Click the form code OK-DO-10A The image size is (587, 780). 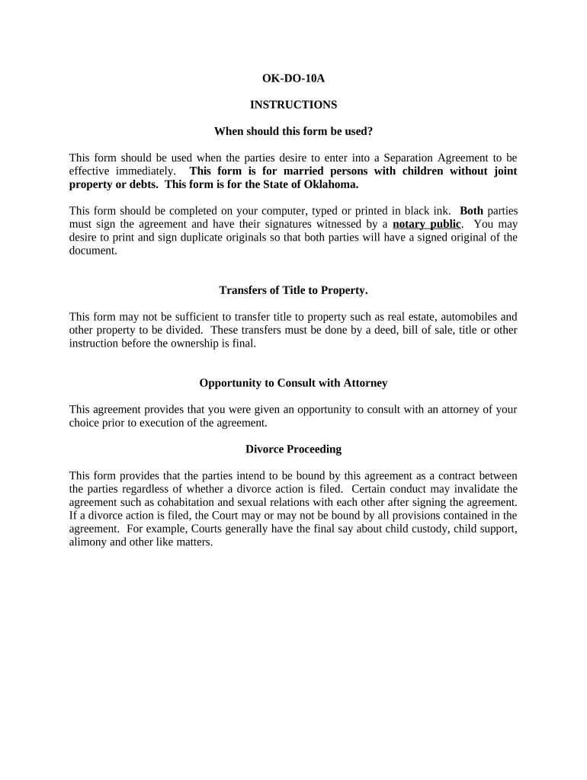[293, 78]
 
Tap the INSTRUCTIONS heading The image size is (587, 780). [293, 104]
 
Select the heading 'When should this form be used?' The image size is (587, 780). [293, 131]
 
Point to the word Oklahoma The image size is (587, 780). [329, 184]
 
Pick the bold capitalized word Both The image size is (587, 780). [472, 210]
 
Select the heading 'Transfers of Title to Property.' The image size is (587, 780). [293, 290]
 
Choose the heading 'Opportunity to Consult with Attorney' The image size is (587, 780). [293, 383]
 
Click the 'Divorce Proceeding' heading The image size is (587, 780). [293, 449]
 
